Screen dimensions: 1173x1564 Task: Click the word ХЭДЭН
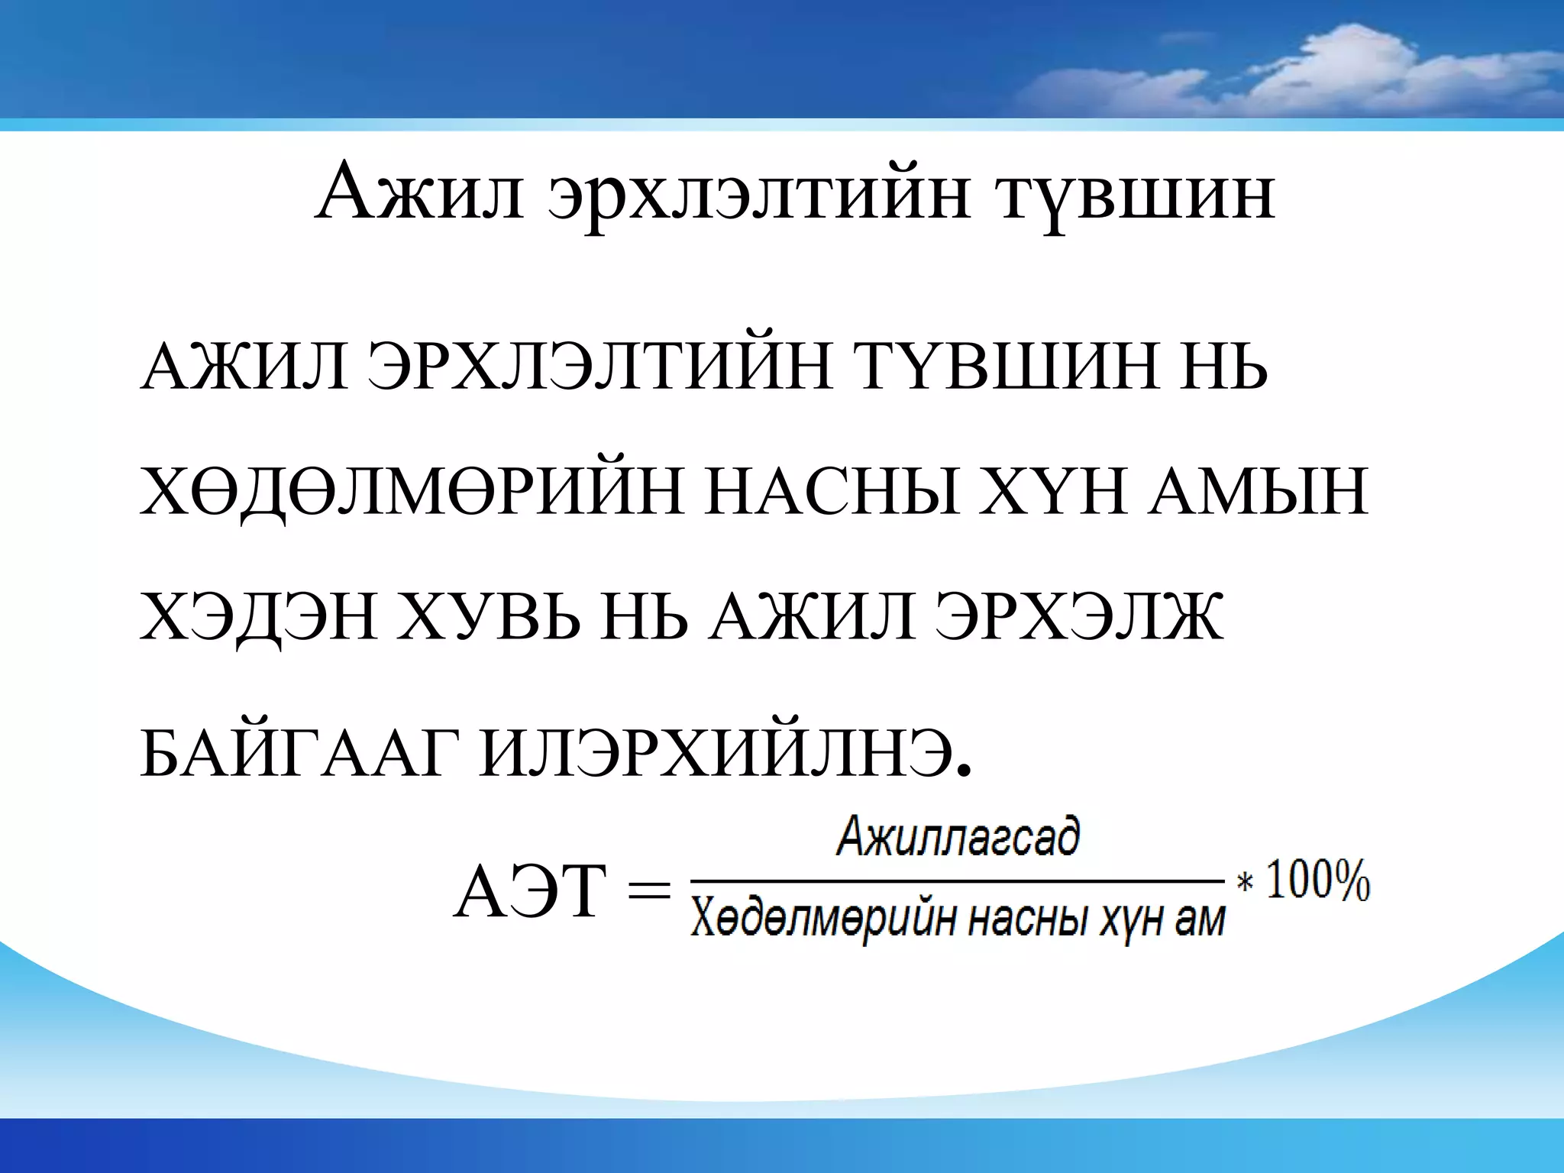pos(259,620)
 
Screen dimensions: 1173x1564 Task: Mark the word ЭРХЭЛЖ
pos(1084,619)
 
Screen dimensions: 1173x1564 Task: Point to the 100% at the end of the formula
pos(1318,882)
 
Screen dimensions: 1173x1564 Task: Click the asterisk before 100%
pos(1245,884)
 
